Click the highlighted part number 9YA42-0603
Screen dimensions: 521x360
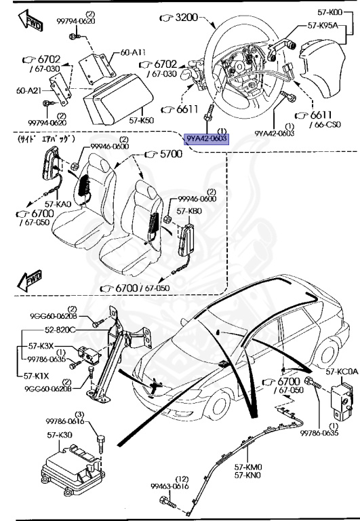[x=207, y=139]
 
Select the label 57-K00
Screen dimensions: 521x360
[x=336, y=12]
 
